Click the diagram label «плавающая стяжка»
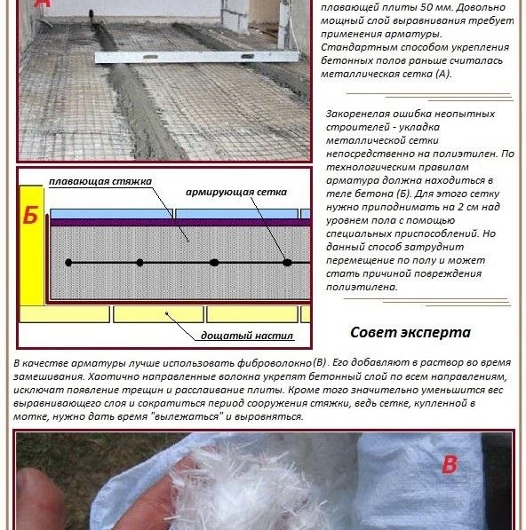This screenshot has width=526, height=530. click(x=100, y=181)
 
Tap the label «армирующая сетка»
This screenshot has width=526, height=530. click(x=236, y=193)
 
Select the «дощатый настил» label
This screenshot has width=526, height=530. click(x=247, y=336)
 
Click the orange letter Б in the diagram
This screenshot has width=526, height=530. click(x=30, y=216)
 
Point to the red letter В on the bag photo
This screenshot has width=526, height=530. click(x=450, y=464)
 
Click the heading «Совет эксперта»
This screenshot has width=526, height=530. click(x=410, y=332)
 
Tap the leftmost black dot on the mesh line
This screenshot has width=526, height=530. click(x=68, y=263)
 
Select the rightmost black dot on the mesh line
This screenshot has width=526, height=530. click(x=287, y=263)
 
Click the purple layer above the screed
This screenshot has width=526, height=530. click(x=180, y=222)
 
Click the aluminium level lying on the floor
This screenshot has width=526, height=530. click(x=196, y=57)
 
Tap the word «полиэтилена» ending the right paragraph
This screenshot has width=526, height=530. click(x=362, y=287)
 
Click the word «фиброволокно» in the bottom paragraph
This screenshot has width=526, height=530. click(x=274, y=363)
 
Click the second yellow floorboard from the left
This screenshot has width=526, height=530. click(x=158, y=314)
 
